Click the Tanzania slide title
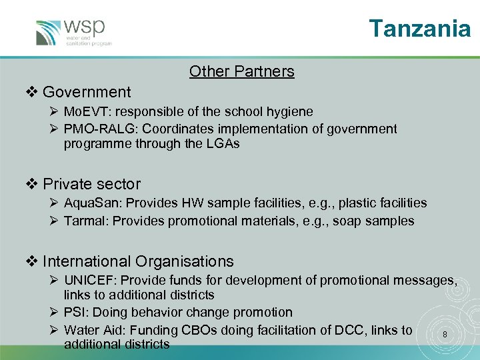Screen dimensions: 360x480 pos(420,29)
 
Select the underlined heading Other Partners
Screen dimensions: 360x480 pos(241,71)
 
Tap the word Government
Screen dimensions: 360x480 pos(87,92)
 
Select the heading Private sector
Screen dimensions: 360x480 pos(92,184)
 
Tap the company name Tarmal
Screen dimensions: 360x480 pos(85,221)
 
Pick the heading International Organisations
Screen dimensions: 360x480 pos(138,261)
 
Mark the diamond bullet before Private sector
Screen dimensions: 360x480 pos(32,184)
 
